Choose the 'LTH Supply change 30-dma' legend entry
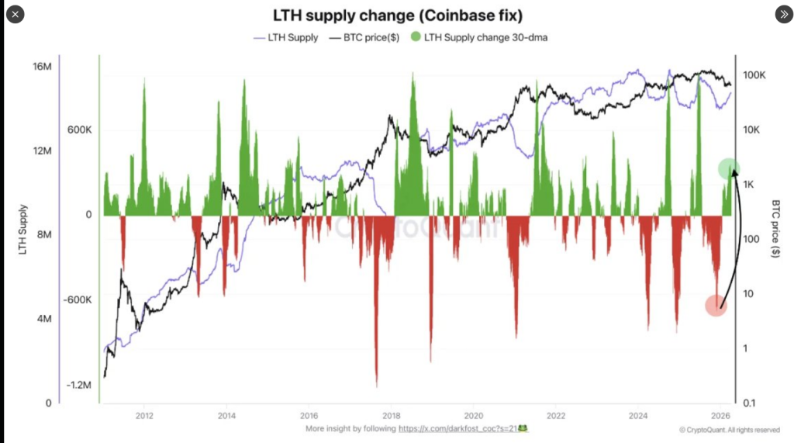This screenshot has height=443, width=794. tap(481, 37)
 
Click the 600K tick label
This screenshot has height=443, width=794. tap(79, 130)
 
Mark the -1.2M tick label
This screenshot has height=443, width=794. tap(78, 386)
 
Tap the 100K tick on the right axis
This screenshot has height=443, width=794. tap(754, 75)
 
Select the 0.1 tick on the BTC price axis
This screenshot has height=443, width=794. tap(749, 403)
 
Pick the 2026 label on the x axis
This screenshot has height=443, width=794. tap(720, 414)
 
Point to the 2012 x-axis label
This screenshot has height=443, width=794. tap(143, 414)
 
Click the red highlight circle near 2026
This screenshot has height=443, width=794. tap(716, 306)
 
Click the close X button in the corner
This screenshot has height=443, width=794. tap(16, 14)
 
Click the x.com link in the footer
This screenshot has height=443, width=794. tap(463, 428)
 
